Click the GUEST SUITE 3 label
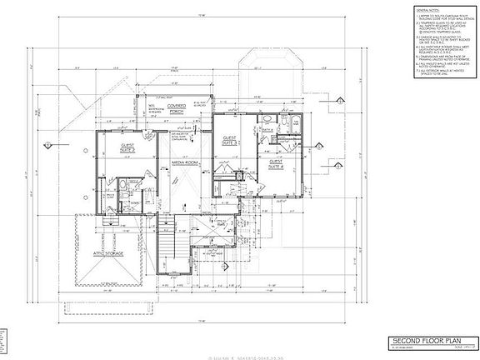click(x=231, y=140)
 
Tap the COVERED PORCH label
click(x=179, y=108)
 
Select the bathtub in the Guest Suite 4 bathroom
click(x=287, y=126)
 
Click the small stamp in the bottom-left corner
click(x=4, y=342)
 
